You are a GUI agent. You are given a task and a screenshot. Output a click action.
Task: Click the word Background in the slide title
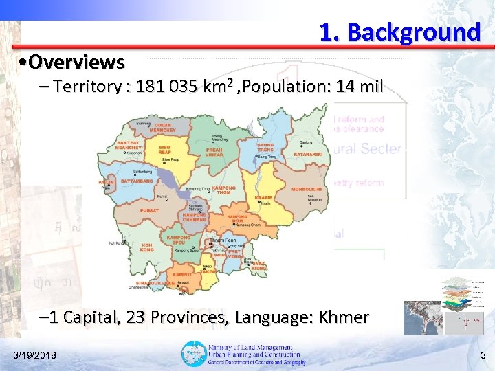tap(414, 32)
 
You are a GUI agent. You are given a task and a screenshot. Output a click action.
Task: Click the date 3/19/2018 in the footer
tap(35, 355)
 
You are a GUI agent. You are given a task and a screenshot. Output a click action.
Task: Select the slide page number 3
tap(483, 355)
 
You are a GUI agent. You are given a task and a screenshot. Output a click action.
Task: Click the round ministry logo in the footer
tap(193, 354)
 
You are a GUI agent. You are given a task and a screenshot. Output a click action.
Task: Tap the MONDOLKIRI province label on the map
tap(307, 188)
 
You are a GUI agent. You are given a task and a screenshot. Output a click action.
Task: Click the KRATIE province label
tap(263, 197)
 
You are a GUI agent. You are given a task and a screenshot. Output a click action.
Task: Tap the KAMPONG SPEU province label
tap(179, 240)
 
